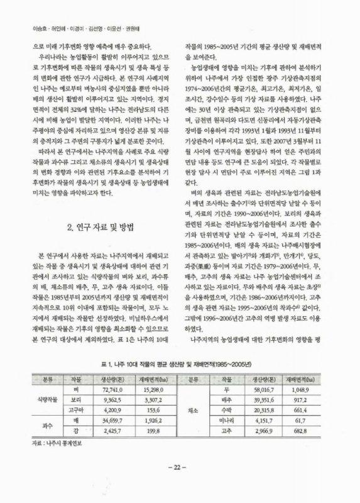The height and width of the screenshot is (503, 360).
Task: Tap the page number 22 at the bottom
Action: (x=180, y=484)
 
